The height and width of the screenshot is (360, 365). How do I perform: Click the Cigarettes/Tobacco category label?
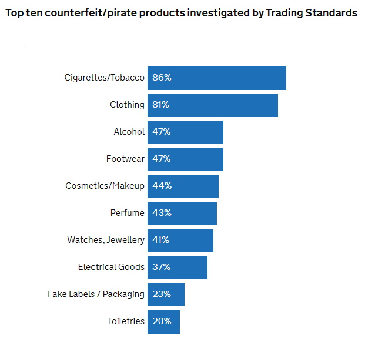(104, 78)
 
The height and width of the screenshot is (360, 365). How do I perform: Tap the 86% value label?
(162, 78)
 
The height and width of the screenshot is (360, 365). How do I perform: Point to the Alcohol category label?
(129, 132)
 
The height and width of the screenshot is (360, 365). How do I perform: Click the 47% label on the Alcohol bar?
(162, 132)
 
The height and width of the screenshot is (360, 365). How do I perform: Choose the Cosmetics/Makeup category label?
(105, 186)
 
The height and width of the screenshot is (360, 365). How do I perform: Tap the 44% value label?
(162, 186)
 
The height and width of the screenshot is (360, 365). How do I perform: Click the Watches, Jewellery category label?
(106, 240)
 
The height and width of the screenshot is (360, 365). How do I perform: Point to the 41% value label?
(162, 240)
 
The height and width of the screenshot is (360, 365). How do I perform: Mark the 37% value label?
(162, 267)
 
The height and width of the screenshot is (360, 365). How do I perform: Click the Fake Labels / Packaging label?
(96, 294)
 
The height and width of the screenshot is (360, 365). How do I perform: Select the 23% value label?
(162, 294)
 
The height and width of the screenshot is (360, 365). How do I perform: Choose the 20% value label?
(162, 321)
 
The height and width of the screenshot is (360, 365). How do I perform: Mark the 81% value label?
(162, 105)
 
